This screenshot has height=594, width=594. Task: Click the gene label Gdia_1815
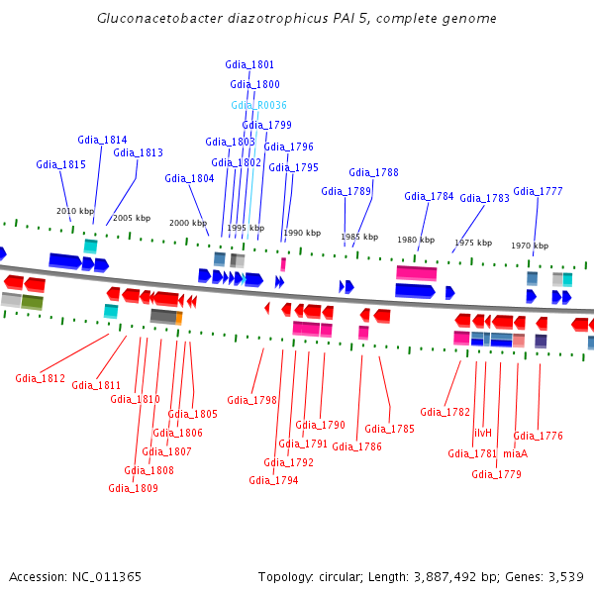61,164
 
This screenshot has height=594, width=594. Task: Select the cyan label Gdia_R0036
258,105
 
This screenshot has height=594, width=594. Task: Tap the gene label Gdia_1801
251,64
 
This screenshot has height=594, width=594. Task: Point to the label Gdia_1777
538,191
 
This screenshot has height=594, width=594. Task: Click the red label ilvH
482,433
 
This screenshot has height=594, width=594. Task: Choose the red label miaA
515,453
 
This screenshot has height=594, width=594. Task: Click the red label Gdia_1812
40,378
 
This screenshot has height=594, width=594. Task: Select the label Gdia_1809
133,488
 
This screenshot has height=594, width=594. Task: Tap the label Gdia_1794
273,480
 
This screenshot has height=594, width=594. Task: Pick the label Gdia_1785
389,429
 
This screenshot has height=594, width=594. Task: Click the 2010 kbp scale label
75,211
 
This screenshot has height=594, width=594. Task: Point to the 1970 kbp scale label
530,246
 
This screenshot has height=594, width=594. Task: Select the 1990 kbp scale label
302,234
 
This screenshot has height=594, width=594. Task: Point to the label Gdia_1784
429,196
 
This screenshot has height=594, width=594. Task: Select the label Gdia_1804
189,178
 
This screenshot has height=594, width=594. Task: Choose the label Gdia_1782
445,412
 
